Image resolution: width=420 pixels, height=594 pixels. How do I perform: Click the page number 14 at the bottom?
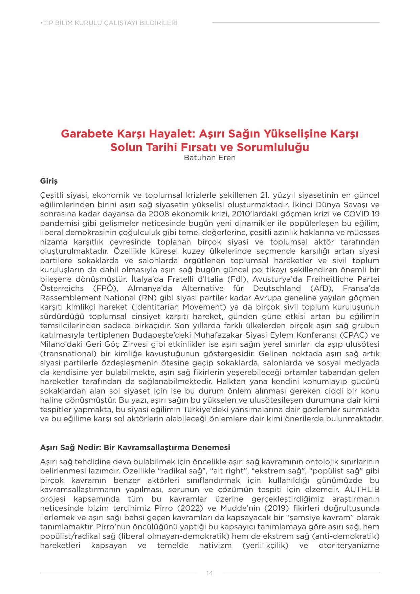click(x=209, y=573)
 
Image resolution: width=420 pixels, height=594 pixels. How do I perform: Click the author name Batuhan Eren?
click(x=209, y=157)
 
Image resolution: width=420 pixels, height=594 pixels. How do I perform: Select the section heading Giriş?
click(x=49, y=181)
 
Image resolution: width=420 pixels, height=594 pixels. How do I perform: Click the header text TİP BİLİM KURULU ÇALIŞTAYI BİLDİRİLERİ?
click(x=109, y=23)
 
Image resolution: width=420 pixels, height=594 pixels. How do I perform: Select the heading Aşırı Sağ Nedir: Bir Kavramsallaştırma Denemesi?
click(x=135, y=447)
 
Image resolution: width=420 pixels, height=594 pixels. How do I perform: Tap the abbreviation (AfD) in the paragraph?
click(x=321, y=289)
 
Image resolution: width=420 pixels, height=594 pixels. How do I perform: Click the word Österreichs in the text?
click(x=62, y=289)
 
